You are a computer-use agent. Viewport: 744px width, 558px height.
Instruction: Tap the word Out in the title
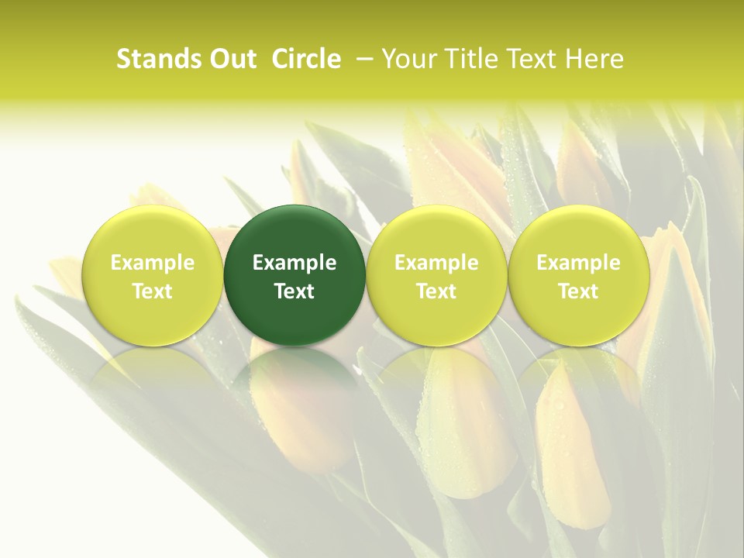click(231, 59)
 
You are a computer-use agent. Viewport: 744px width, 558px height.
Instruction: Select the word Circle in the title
click(306, 59)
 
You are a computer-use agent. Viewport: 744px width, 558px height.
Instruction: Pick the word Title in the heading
click(469, 59)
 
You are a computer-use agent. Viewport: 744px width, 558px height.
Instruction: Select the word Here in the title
click(593, 59)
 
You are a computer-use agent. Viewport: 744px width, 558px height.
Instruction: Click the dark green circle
click(294, 232)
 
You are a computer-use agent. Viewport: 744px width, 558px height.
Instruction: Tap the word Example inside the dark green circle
click(294, 263)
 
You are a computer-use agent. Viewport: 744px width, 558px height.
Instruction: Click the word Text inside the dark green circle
click(294, 291)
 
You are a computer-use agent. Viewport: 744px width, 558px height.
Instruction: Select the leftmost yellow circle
click(153, 232)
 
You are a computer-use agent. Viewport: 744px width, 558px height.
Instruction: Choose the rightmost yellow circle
click(578, 232)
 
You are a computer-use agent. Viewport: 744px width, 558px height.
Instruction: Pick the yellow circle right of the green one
click(436, 232)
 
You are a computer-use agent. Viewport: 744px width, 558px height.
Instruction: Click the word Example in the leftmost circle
click(153, 263)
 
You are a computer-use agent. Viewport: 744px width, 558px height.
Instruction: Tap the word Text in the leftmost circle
click(153, 291)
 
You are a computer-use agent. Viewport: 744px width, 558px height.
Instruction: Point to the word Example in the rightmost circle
click(578, 263)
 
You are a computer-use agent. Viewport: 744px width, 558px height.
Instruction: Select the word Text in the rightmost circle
click(578, 291)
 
